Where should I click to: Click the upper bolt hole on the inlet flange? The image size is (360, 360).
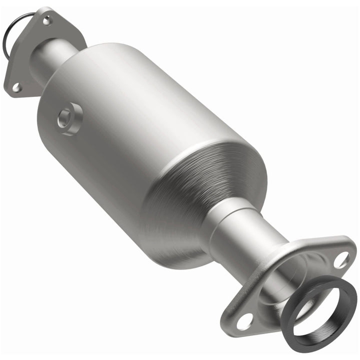coord(46,20)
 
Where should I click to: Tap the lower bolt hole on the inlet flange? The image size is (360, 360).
coord(16,87)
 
